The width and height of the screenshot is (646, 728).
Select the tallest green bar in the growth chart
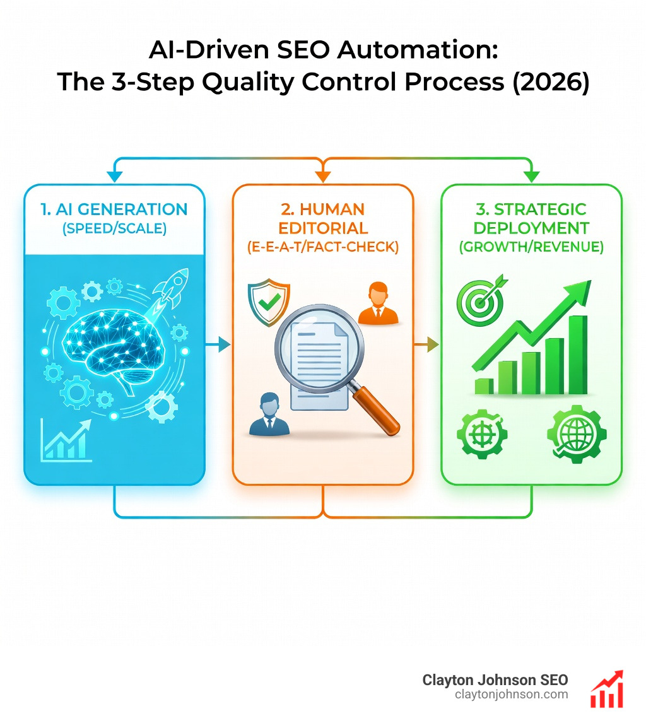pos(578,353)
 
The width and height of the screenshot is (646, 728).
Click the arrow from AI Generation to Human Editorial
pos(219,344)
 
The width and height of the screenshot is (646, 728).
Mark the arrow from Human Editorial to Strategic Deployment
pos(428,344)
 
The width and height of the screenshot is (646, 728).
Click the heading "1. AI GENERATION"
pos(114,209)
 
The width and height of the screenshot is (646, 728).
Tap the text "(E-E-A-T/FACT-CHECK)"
pos(322,247)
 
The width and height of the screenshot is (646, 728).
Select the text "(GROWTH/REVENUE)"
pos(531,247)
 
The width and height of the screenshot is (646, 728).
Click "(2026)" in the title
pos(548,83)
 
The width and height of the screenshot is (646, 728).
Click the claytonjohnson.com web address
pos(511,695)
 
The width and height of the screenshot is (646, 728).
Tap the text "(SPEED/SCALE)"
pos(114,228)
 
